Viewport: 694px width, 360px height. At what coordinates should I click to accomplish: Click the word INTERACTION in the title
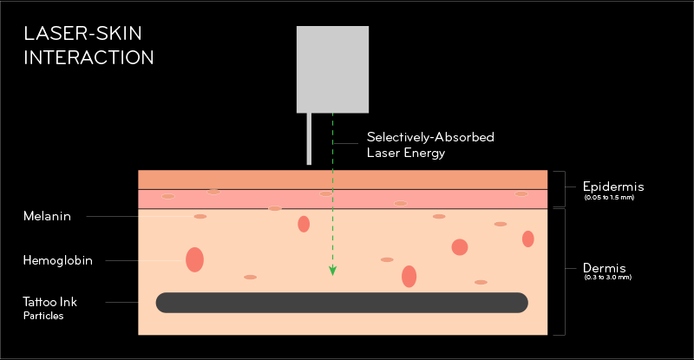tap(88, 58)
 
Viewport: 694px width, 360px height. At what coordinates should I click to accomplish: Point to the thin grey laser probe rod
tap(308, 138)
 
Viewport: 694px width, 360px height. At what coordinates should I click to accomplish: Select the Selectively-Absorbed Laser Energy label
tap(418, 145)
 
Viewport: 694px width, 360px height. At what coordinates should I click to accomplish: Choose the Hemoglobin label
tap(58, 259)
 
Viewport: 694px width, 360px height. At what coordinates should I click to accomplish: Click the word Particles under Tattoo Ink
tap(43, 316)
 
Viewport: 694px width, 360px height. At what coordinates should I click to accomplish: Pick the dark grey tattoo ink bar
tap(342, 302)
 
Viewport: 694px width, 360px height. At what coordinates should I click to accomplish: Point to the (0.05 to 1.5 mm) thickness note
tap(612, 199)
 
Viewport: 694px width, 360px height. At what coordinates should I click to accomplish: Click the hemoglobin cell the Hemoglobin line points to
tap(194, 259)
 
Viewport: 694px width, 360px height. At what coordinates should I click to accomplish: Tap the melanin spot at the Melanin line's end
tap(200, 216)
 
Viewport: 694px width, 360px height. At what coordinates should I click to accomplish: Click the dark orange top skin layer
tap(343, 179)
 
